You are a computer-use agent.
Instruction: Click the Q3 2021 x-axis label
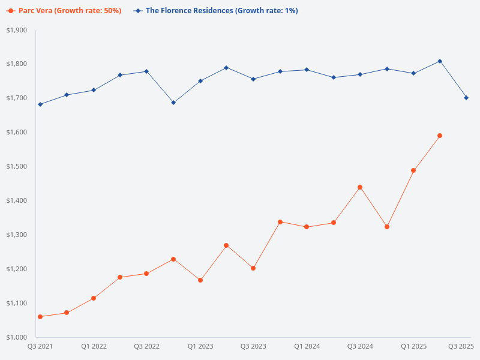click(40, 346)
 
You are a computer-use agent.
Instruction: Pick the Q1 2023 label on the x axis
click(200, 346)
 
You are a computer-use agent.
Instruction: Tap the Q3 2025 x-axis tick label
click(461, 346)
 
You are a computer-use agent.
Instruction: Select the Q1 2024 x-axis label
click(307, 346)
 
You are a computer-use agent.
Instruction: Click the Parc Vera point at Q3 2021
click(40, 317)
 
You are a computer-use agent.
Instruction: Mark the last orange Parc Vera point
click(440, 136)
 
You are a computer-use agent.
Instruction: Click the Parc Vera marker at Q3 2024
click(360, 187)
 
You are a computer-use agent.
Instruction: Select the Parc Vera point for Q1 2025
click(413, 170)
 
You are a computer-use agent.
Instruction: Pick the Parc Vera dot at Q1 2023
click(200, 280)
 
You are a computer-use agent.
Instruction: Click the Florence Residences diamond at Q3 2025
click(466, 98)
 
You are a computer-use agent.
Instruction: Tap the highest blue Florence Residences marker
click(440, 61)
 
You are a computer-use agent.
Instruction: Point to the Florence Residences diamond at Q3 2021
click(40, 104)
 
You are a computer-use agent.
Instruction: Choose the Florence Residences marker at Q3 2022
click(146, 71)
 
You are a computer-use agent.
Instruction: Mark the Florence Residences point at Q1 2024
click(307, 70)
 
